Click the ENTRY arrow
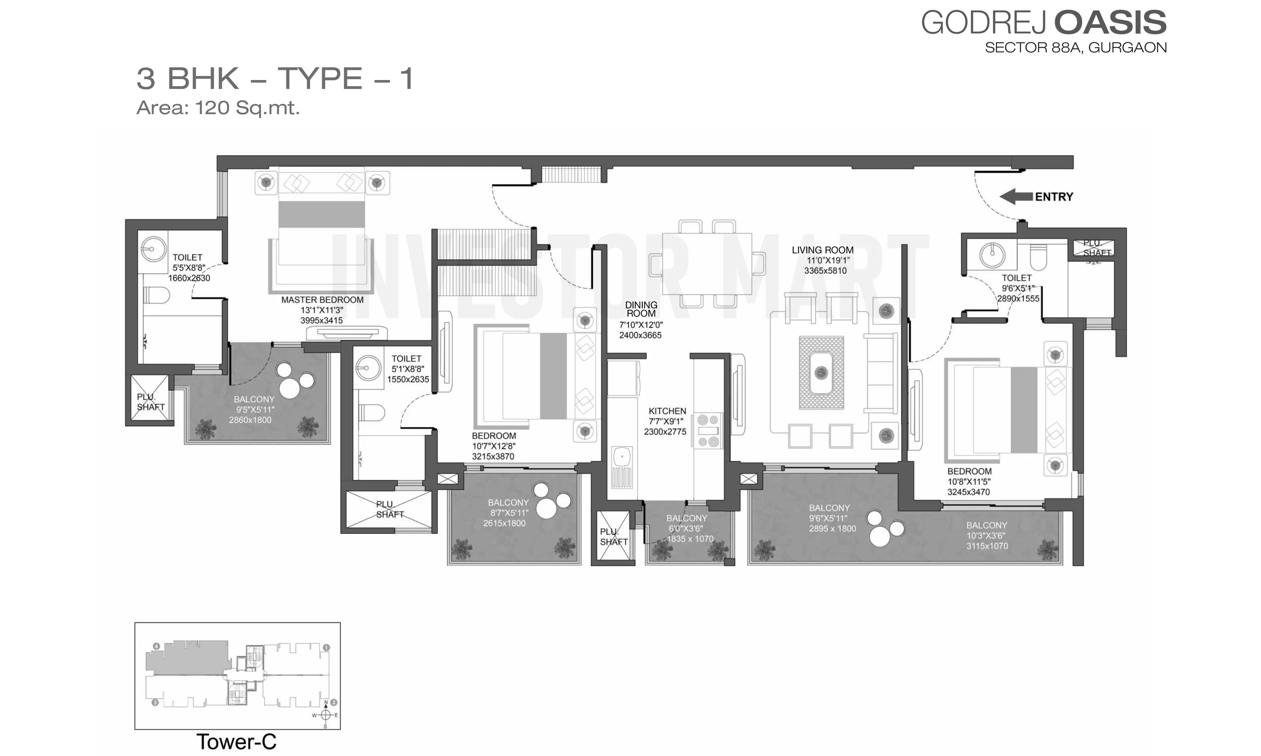[x=1016, y=197]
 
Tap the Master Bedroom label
[x=322, y=300]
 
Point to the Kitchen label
[x=667, y=411]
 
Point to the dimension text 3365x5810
[x=825, y=271]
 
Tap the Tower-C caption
[x=236, y=742]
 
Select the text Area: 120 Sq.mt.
[x=218, y=107]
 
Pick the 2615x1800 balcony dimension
[x=504, y=523]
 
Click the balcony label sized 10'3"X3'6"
[x=987, y=535]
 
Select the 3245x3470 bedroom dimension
[x=968, y=492]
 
